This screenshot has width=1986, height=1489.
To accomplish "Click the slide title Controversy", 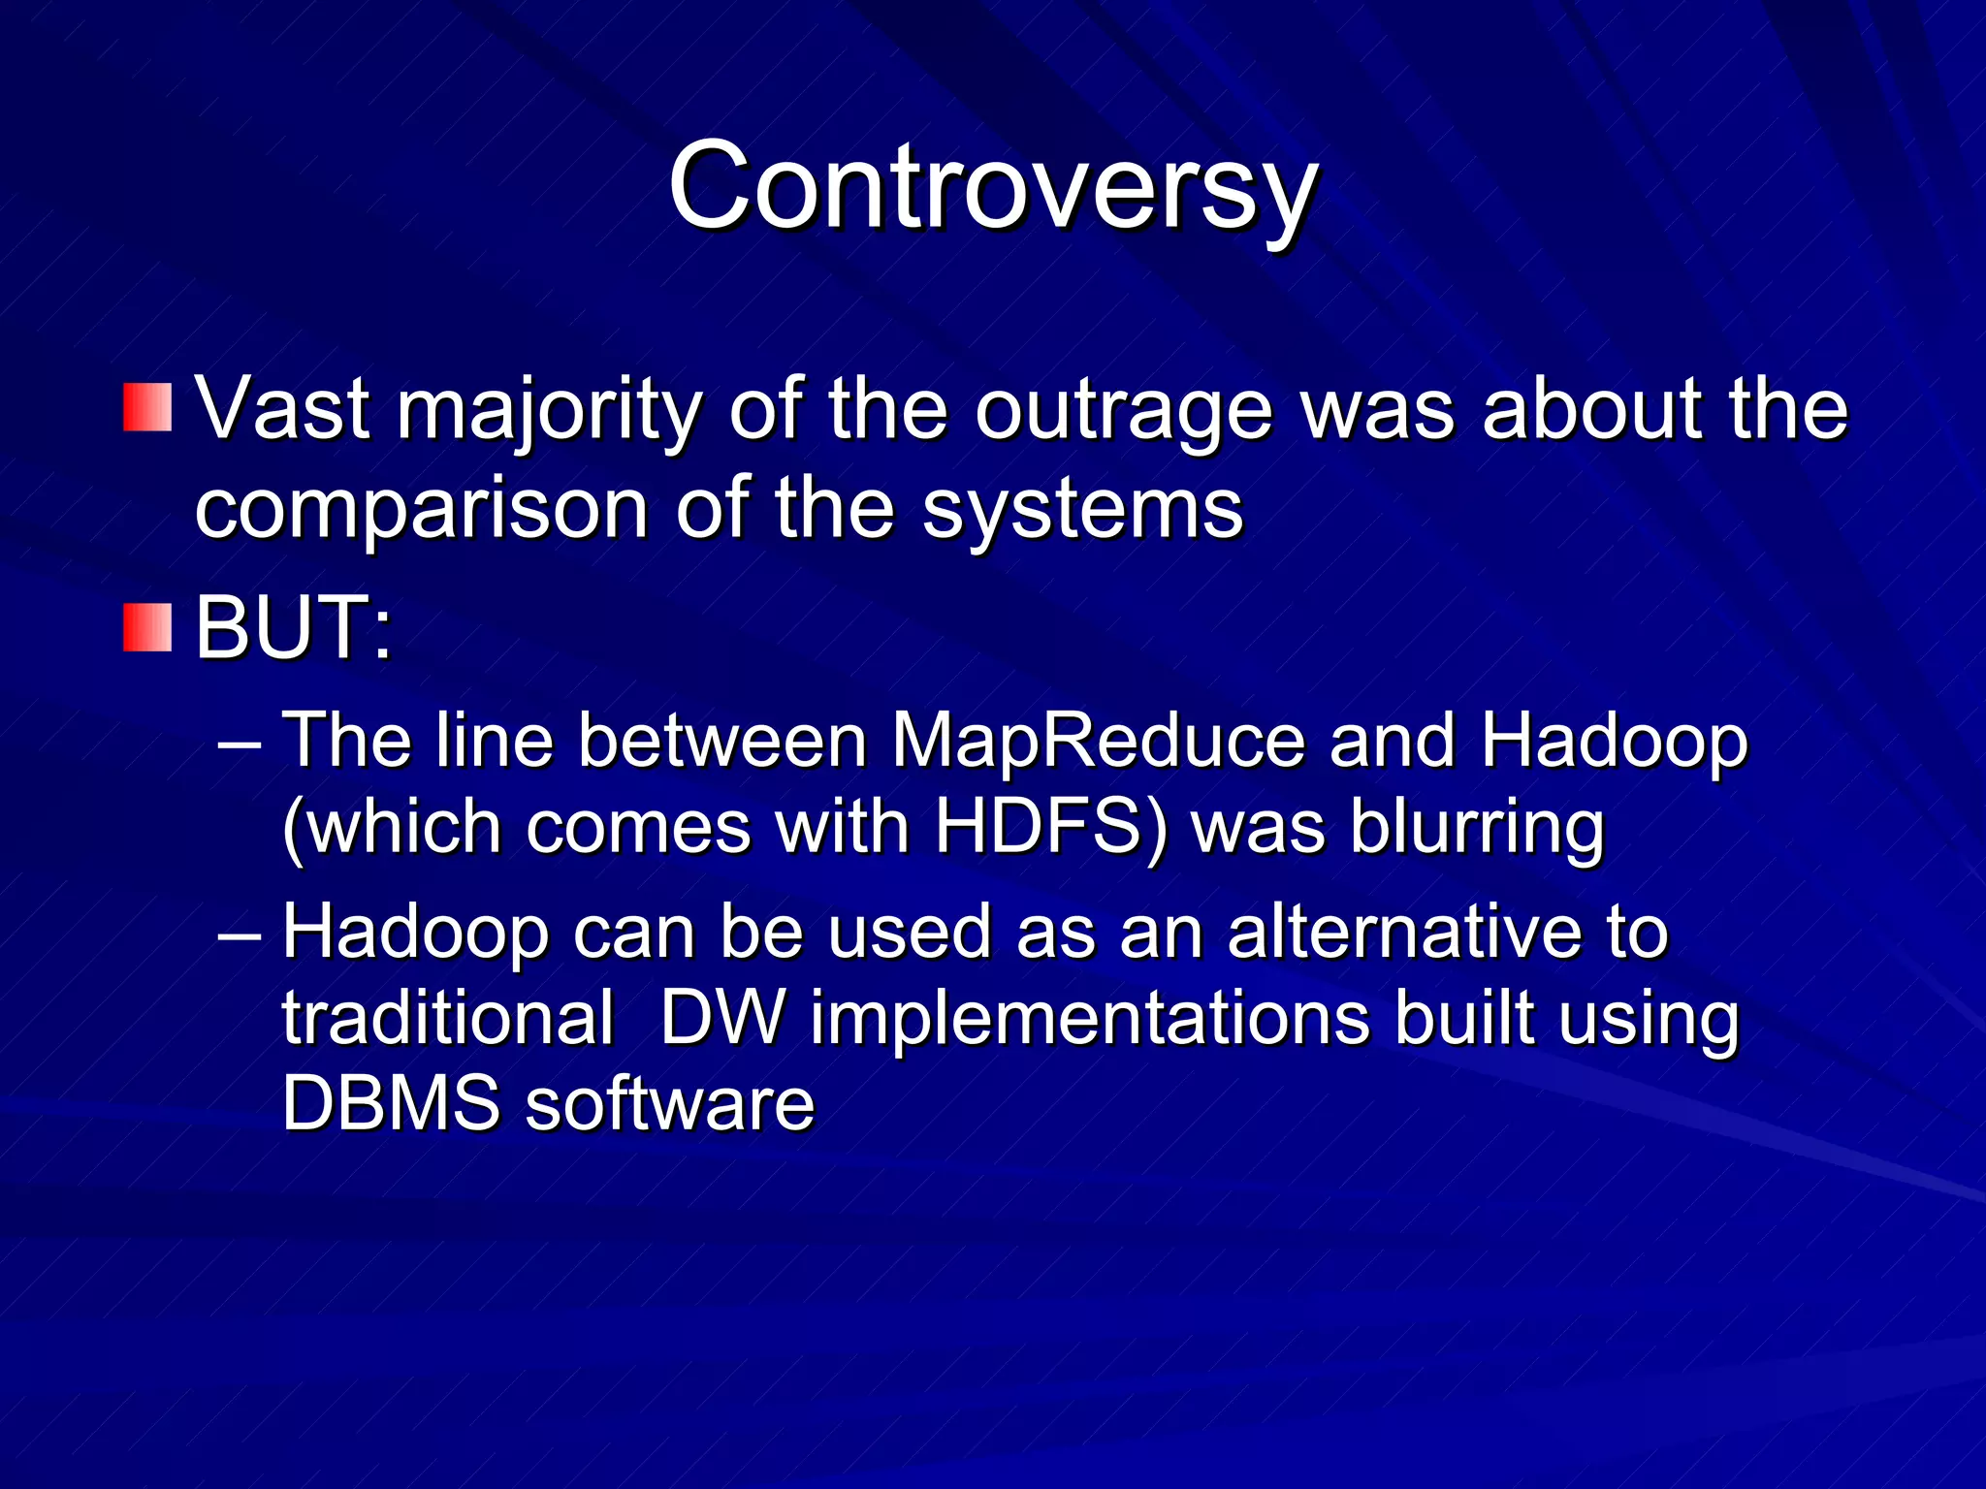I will point(992,187).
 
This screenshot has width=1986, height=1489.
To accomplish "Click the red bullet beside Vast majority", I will point(147,407).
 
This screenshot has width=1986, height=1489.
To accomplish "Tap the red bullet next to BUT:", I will point(147,626).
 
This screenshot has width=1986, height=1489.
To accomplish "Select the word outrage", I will point(1123,411).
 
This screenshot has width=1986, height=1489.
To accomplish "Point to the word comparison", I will point(421,510).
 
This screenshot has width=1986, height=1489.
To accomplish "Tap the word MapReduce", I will point(1098,742).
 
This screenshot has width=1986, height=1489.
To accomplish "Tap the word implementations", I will point(1090,1020).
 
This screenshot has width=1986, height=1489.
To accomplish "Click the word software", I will point(669,1103).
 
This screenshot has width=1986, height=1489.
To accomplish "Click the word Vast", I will point(282,409).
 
